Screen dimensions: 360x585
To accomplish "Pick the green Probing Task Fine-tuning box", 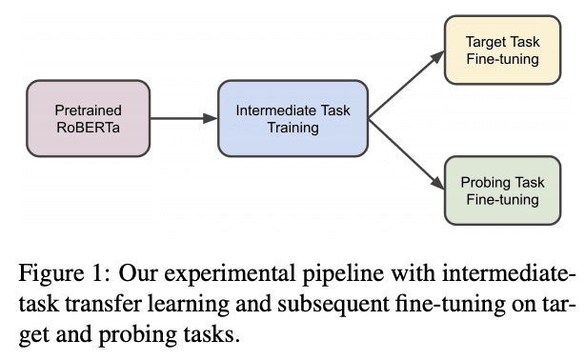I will (x=502, y=190).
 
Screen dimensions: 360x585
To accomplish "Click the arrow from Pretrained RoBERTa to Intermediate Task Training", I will (x=184, y=118).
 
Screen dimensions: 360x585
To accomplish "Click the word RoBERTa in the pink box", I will (x=89, y=128).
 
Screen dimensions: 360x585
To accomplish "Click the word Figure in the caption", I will (x=48, y=276).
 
